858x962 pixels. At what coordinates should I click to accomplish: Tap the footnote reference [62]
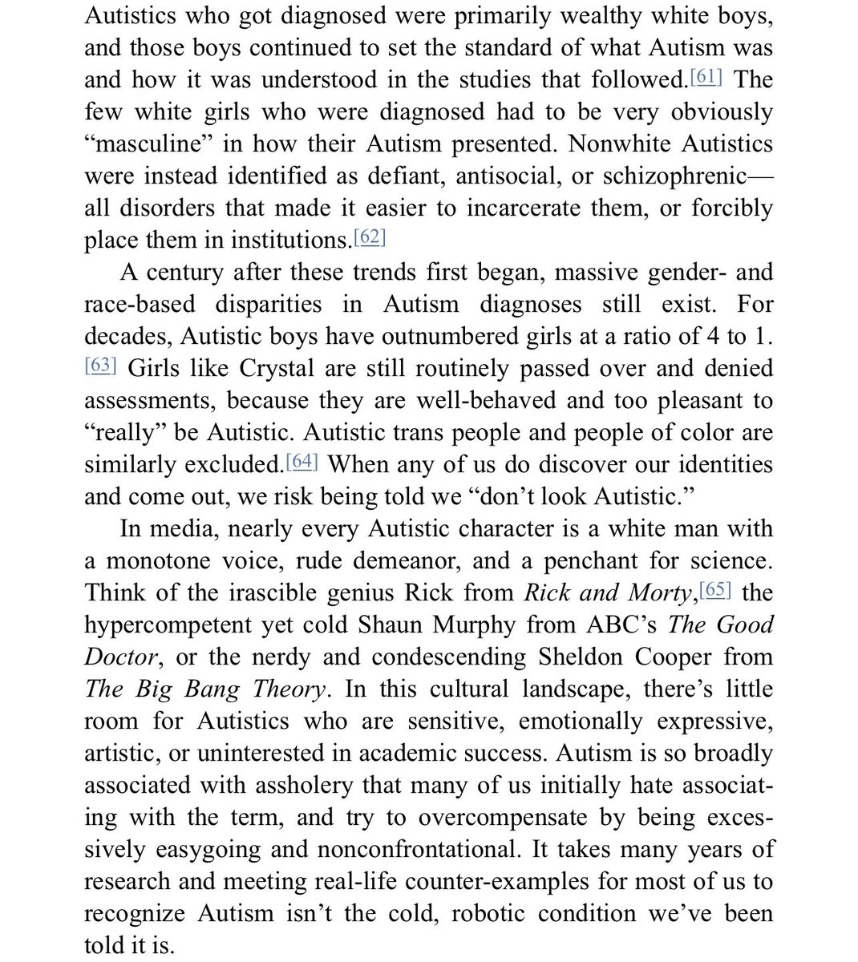coord(370,238)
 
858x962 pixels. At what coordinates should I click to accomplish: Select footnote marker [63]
coord(101,366)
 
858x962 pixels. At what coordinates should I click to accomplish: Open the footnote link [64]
coord(303,463)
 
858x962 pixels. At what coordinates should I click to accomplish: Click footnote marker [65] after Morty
coord(716,591)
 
